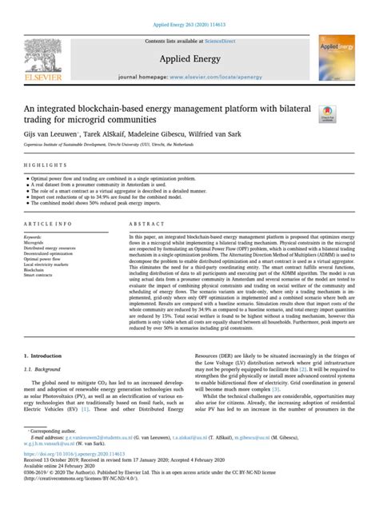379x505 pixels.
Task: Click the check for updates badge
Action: pos(328,114)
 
